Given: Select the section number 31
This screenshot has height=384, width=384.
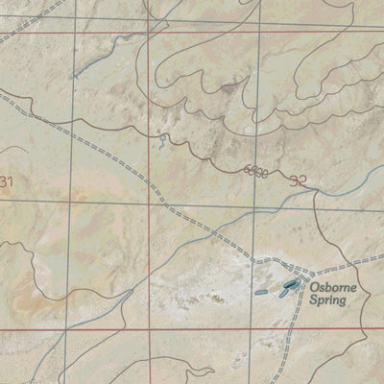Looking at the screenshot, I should (x=9, y=181).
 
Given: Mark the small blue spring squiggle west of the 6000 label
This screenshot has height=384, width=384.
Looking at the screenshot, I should (x=164, y=141).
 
